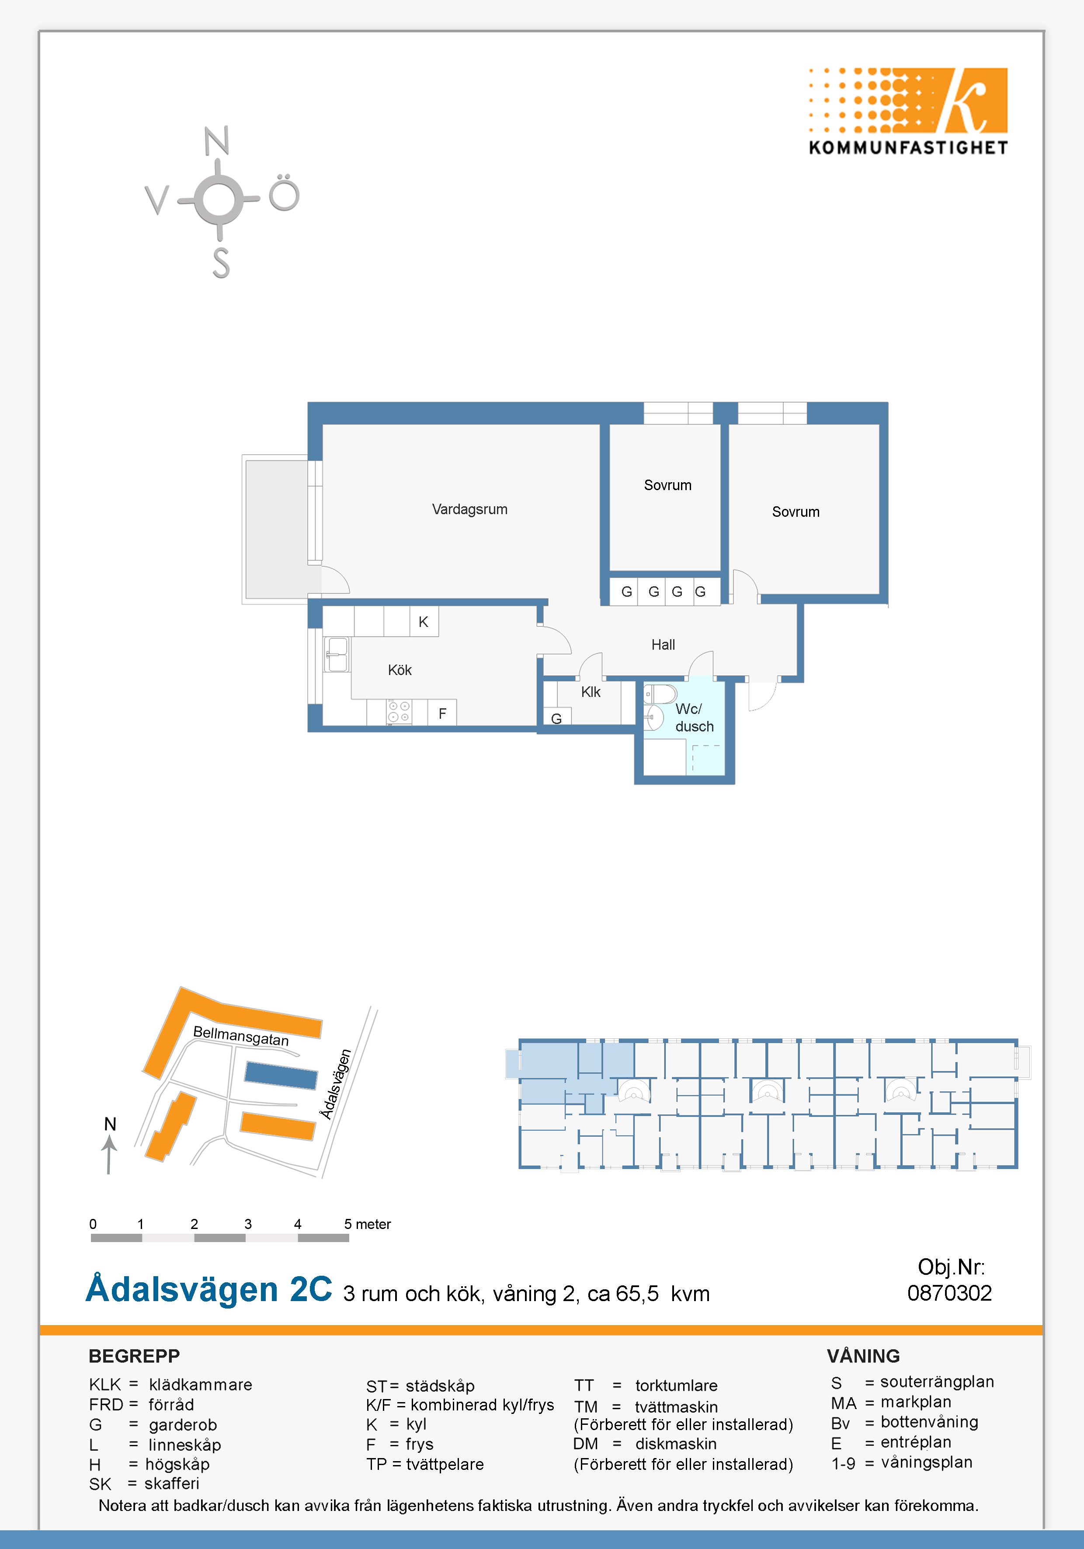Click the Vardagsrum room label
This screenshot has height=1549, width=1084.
(x=469, y=509)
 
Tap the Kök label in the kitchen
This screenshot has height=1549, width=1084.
(x=400, y=670)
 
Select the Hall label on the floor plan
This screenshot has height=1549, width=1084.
(x=663, y=645)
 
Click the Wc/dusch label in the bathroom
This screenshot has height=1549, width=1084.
(x=694, y=718)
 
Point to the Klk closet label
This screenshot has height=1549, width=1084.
(x=591, y=692)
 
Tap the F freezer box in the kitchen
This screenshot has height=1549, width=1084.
(x=442, y=713)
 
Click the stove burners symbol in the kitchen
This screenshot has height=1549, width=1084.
(x=399, y=712)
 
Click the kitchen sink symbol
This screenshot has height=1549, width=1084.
(x=337, y=654)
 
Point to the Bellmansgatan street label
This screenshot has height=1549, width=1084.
(x=241, y=1036)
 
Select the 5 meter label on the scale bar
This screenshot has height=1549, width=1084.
(x=368, y=1224)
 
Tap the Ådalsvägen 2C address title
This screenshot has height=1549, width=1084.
(x=209, y=1288)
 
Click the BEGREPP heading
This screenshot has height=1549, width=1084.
(x=134, y=1356)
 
